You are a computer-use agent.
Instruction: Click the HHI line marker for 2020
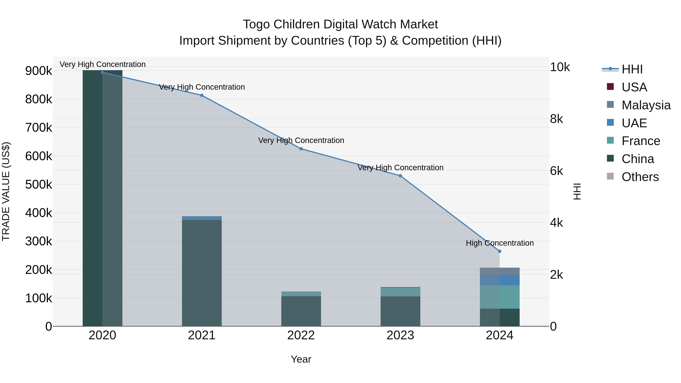[102, 72]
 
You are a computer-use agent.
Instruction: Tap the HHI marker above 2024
[499, 251]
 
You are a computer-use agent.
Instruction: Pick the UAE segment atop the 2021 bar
[202, 218]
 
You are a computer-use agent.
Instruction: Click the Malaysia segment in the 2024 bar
[499, 271]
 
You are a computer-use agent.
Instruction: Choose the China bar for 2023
[400, 311]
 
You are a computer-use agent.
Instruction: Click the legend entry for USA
[634, 87]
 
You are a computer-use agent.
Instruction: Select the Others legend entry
[640, 177]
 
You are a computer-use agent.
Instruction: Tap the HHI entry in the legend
[632, 69]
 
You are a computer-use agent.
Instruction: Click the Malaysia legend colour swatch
[610, 104]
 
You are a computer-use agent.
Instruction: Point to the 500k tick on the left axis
[39, 184]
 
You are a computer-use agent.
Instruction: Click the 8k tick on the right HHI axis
[557, 119]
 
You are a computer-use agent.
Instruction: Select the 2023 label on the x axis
[400, 335]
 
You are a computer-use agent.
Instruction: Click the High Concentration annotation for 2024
[499, 243]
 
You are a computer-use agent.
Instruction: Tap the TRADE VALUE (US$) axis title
[6, 191]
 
